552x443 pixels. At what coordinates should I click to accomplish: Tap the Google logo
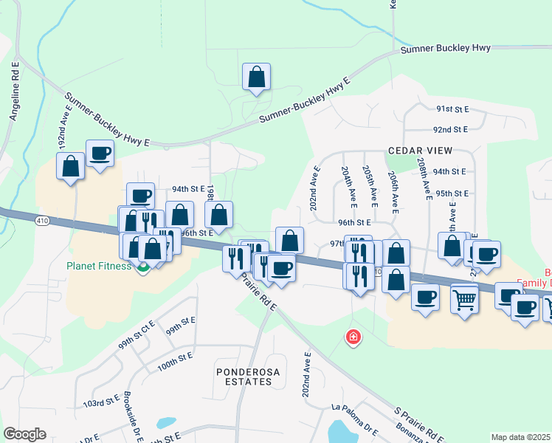click(x=24, y=434)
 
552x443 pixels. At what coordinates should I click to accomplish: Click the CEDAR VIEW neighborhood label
click(x=418, y=151)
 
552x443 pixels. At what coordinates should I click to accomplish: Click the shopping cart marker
click(x=464, y=300)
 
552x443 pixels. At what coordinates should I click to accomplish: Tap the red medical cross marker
click(x=354, y=337)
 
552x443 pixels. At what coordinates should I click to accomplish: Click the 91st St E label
click(x=452, y=109)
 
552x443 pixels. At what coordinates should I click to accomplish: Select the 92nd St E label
click(x=452, y=129)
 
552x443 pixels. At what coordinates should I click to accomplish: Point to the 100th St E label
click(x=175, y=355)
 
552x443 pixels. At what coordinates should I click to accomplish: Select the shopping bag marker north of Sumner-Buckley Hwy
click(x=256, y=78)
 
